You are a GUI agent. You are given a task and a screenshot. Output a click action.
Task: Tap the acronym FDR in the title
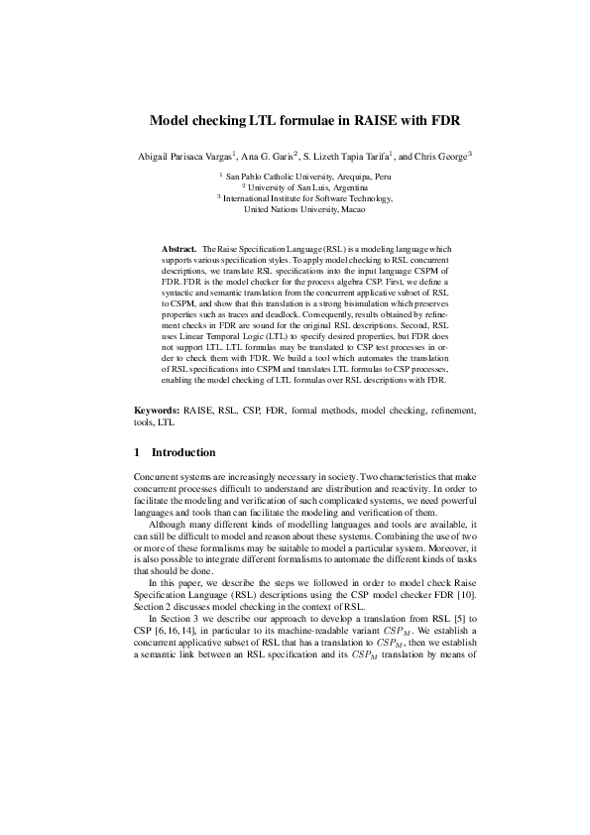click(x=442, y=122)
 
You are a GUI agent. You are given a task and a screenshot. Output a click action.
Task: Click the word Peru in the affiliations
click(x=357, y=175)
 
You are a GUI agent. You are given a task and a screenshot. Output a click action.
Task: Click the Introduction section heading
click(x=183, y=452)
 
